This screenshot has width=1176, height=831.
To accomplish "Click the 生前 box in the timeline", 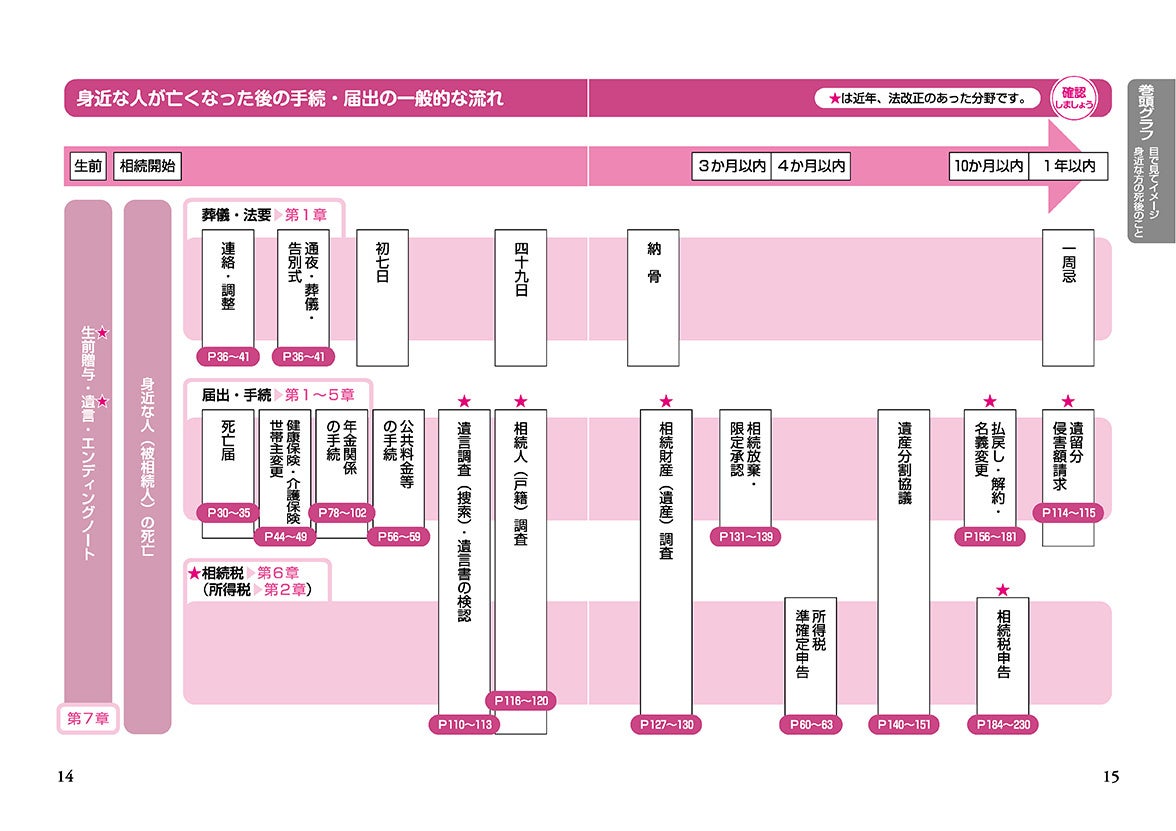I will (88, 167).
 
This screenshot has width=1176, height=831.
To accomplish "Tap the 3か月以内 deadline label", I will (731, 167).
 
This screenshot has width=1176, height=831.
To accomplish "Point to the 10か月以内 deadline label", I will (988, 167).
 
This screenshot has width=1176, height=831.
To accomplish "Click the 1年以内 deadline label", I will (1069, 167).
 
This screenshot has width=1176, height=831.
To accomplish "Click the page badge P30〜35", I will (229, 513).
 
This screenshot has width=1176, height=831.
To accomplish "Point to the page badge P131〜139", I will (746, 537).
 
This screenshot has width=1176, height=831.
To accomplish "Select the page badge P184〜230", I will (1003, 725).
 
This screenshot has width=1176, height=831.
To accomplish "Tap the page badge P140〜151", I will (903, 725).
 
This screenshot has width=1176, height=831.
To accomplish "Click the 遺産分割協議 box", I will (903, 560).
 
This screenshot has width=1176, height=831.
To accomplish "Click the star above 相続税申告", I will (1003, 590).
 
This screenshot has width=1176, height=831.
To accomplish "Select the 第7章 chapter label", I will (88, 718).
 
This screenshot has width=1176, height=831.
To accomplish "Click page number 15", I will (1111, 777).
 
